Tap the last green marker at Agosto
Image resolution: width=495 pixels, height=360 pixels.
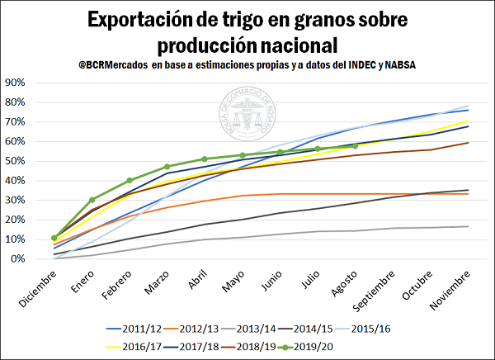point(355,145)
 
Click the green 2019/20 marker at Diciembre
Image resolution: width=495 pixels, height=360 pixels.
point(54,238)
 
